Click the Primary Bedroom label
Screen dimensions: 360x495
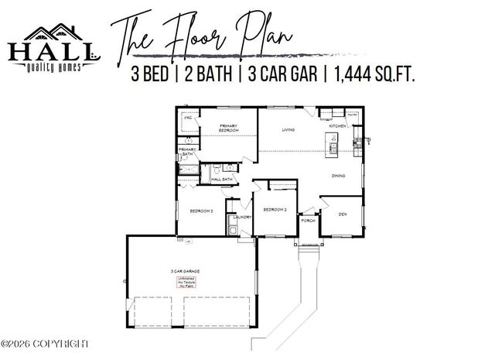point(227,129)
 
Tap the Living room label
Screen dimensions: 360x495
point(288,129)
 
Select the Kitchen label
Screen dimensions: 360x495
point(338,125)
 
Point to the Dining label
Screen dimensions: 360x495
point(339,175)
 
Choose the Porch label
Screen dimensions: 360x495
point(308,221)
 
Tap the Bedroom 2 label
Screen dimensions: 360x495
point(275,210)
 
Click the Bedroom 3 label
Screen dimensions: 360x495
point(202,210)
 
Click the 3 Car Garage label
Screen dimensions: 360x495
point(186,271)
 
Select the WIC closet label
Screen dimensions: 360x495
point(187,118)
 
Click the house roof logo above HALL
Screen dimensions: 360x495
point(52,33)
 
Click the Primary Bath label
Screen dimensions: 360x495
point(186,152)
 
